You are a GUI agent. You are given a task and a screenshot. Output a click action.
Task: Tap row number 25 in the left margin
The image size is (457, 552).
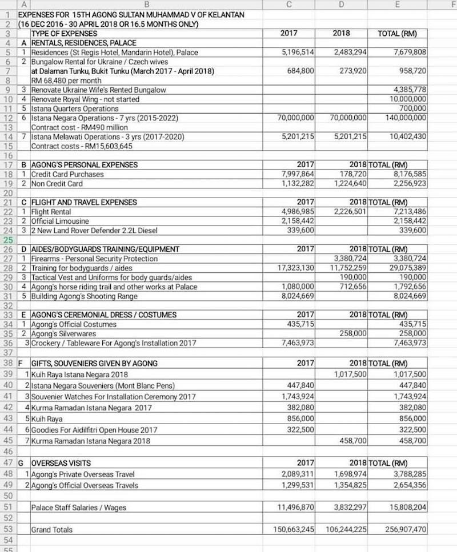point(9,240)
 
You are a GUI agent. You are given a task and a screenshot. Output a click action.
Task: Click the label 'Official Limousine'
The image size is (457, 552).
point(60,221)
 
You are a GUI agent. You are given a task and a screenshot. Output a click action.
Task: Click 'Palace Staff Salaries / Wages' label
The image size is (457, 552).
point(78,507)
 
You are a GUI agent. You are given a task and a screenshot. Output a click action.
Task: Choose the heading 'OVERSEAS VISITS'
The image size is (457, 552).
point(61,463)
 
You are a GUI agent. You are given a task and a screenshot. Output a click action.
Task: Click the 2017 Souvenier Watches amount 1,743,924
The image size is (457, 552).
point(298,396)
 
